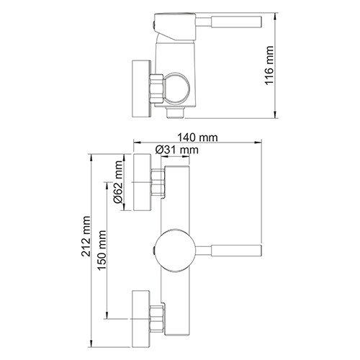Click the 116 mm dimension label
[x=270, y=66]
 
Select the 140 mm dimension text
[x=199, y=137]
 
